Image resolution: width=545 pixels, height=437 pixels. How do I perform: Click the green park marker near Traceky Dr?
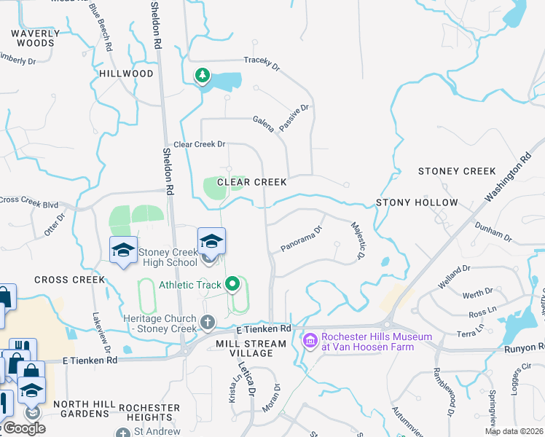click(202, 76)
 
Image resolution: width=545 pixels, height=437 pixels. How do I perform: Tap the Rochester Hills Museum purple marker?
click(310, 340)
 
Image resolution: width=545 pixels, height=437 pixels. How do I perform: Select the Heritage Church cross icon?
click(208, 321)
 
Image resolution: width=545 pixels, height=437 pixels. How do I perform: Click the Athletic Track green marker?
click(233, 284)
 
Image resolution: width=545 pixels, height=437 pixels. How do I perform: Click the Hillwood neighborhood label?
click(126, 74)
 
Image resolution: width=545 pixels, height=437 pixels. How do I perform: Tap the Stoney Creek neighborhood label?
click(457, 171)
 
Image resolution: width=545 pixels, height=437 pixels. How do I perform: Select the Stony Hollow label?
click(417, 202)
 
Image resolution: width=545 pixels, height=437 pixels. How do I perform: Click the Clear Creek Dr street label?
click(199, 144)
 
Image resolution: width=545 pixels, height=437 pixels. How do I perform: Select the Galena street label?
click(264, 123)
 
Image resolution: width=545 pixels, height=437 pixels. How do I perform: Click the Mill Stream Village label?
click(251, 348)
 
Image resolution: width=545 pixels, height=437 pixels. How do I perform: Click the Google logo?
click(23, 428)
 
